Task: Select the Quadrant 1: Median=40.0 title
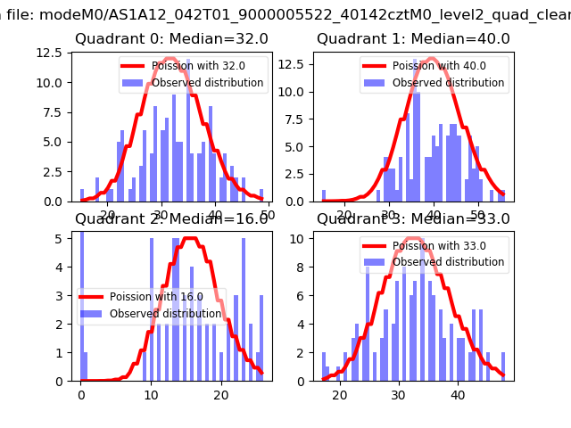click(x=413, y=39)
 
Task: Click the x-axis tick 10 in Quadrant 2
click(x=151, y=394)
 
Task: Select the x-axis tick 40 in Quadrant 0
click(x=214, y=214)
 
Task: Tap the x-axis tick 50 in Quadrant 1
click(x=477, y=214)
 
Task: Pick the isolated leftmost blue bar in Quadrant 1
click(x=324, y=195)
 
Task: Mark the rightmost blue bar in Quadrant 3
click(x=503, y=366)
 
